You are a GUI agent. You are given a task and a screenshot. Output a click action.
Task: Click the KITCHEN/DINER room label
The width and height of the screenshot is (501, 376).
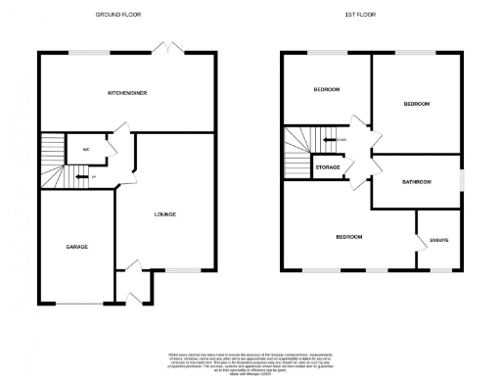pyautogui.click(x=127, y=92)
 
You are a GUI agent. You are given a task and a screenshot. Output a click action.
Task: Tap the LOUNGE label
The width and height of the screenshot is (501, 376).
pyautogui.click(x=165, y=213)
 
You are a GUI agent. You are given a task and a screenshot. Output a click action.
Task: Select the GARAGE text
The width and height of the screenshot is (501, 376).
pyautogui.click(x=77, y=247)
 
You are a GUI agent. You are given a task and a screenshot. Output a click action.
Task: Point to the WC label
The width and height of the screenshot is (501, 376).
pyautogui.click(x=86, y=150)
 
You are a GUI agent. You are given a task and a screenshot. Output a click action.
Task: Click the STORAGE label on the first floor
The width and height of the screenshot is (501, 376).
pyautogui.click(x=328, y=168)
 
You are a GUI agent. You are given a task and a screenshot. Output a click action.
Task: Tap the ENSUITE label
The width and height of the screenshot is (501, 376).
pyautogui.click(x=438, y=239)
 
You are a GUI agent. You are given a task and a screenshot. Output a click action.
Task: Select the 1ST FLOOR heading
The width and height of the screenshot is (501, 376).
pyautogui.click(x=361, y=15)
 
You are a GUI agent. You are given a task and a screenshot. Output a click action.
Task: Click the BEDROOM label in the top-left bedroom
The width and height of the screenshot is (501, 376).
pyautogui.click(x=326, y=90)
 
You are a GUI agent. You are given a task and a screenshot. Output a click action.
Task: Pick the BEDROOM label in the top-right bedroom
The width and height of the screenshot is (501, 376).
pyautogui.click(x=417, y=103)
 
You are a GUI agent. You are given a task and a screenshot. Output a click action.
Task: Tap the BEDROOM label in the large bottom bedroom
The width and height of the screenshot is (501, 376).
pyautogui.click(x=349, y=237)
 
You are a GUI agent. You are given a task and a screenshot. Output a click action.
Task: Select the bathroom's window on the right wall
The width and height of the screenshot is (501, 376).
pyautogui.click(x=463, y=182)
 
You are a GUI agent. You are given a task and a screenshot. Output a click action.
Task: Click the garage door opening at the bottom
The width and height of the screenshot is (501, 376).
pyautogui.click(x=76, y=303)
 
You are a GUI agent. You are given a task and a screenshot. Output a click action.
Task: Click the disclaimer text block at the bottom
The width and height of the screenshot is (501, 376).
pyautogui.click(x=250, y=359)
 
